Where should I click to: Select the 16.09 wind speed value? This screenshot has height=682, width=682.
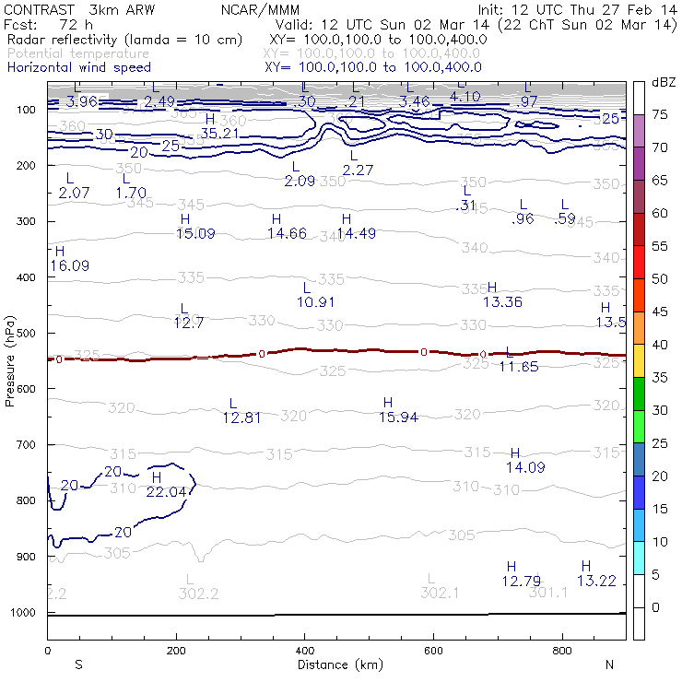coord(70,265)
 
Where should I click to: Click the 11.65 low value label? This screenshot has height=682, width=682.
coord(518,367)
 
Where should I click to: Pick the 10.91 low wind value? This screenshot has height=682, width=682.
coord(315,301)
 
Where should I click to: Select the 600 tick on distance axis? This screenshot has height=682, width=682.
coord(434,651)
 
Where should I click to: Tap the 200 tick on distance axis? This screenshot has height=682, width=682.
coord(176,651)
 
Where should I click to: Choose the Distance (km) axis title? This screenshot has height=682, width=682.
coord(337,664)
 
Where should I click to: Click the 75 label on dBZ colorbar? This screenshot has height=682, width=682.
coord(660,115)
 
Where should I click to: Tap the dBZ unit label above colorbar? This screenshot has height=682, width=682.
coord(662,83)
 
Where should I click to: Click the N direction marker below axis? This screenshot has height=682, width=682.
coord(609,664)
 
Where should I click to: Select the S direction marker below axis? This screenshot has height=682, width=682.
coord(78,664)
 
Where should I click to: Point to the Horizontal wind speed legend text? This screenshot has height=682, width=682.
coord(79,67)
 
